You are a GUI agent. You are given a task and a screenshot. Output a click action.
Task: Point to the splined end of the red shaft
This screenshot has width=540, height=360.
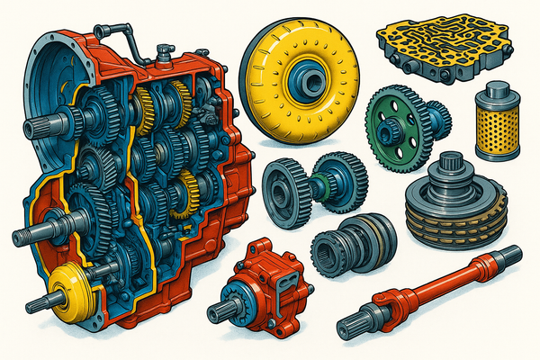click(x=355, y=326)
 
